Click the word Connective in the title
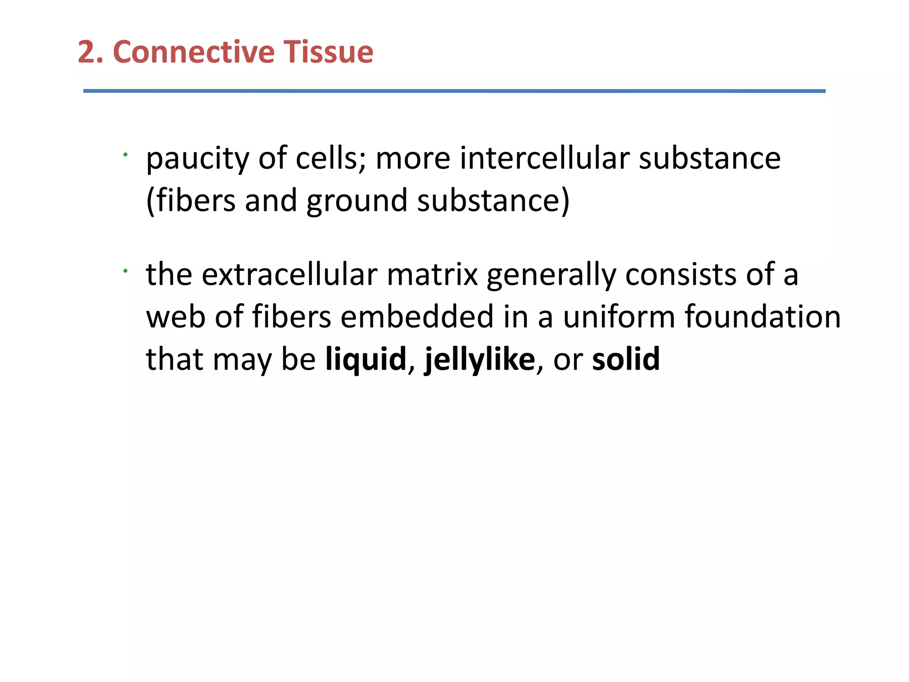194,52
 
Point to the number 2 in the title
87,52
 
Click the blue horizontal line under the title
454,91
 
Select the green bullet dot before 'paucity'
126,155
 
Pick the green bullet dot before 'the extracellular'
126,271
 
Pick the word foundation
763,317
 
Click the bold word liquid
366,360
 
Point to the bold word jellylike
480,360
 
